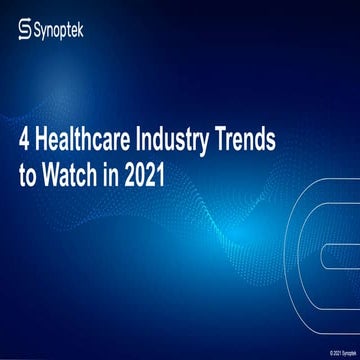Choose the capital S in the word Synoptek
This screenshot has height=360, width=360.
41,33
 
